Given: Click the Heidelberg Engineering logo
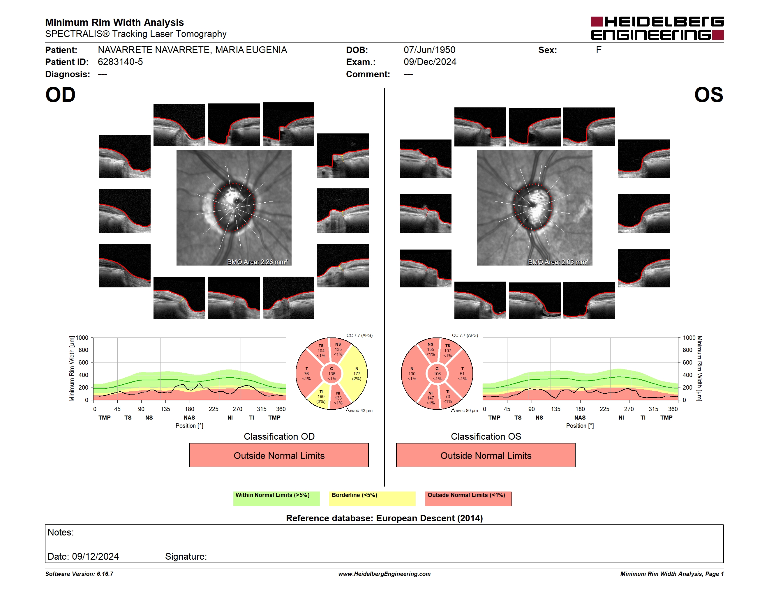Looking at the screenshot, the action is point(657,28).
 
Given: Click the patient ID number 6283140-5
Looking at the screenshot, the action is point(120,62).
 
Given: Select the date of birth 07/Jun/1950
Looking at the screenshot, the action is point(429,50).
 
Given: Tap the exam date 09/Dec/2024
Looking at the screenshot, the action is point(430,62).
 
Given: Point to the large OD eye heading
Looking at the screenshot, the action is point(60,95).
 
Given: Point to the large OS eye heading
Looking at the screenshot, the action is point(708,95).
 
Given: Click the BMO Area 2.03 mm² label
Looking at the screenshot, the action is point(558,262).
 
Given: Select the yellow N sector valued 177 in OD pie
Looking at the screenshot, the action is point(356,374).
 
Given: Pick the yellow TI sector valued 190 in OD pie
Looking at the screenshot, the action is point(320,397).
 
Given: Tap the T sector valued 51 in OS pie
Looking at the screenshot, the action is point(462,374).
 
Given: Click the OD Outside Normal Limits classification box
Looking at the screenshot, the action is point(279,455).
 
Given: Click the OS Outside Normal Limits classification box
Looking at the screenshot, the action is point(486,455).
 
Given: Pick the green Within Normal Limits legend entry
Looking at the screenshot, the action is point(276,498).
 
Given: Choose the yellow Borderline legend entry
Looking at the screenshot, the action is point(372,498).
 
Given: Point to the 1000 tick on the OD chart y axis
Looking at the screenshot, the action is point(82,338).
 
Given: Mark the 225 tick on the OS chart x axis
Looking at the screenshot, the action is point(604,409).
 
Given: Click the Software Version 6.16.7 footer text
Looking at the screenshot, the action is point(79,574).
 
